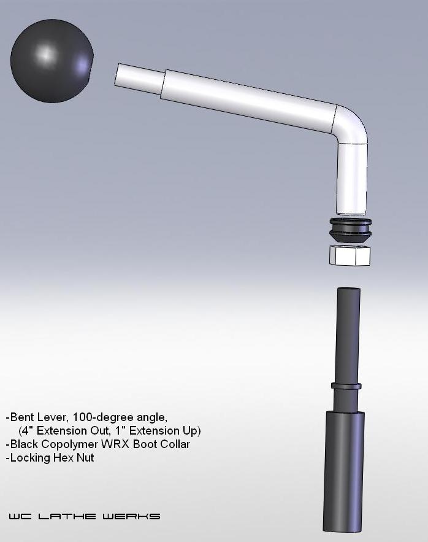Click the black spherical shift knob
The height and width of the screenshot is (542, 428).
(52, 61)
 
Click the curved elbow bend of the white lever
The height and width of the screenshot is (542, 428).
(351, 125)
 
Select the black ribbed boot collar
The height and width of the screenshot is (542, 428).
(351, 229)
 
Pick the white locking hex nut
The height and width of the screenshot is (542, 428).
(350, 255)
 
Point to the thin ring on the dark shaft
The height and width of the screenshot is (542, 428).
(346, 385)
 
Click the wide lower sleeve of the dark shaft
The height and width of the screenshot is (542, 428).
(343, 472)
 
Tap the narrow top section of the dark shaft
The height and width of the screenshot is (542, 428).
(348, 335)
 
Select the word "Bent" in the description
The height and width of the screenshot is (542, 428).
(21, 417)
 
